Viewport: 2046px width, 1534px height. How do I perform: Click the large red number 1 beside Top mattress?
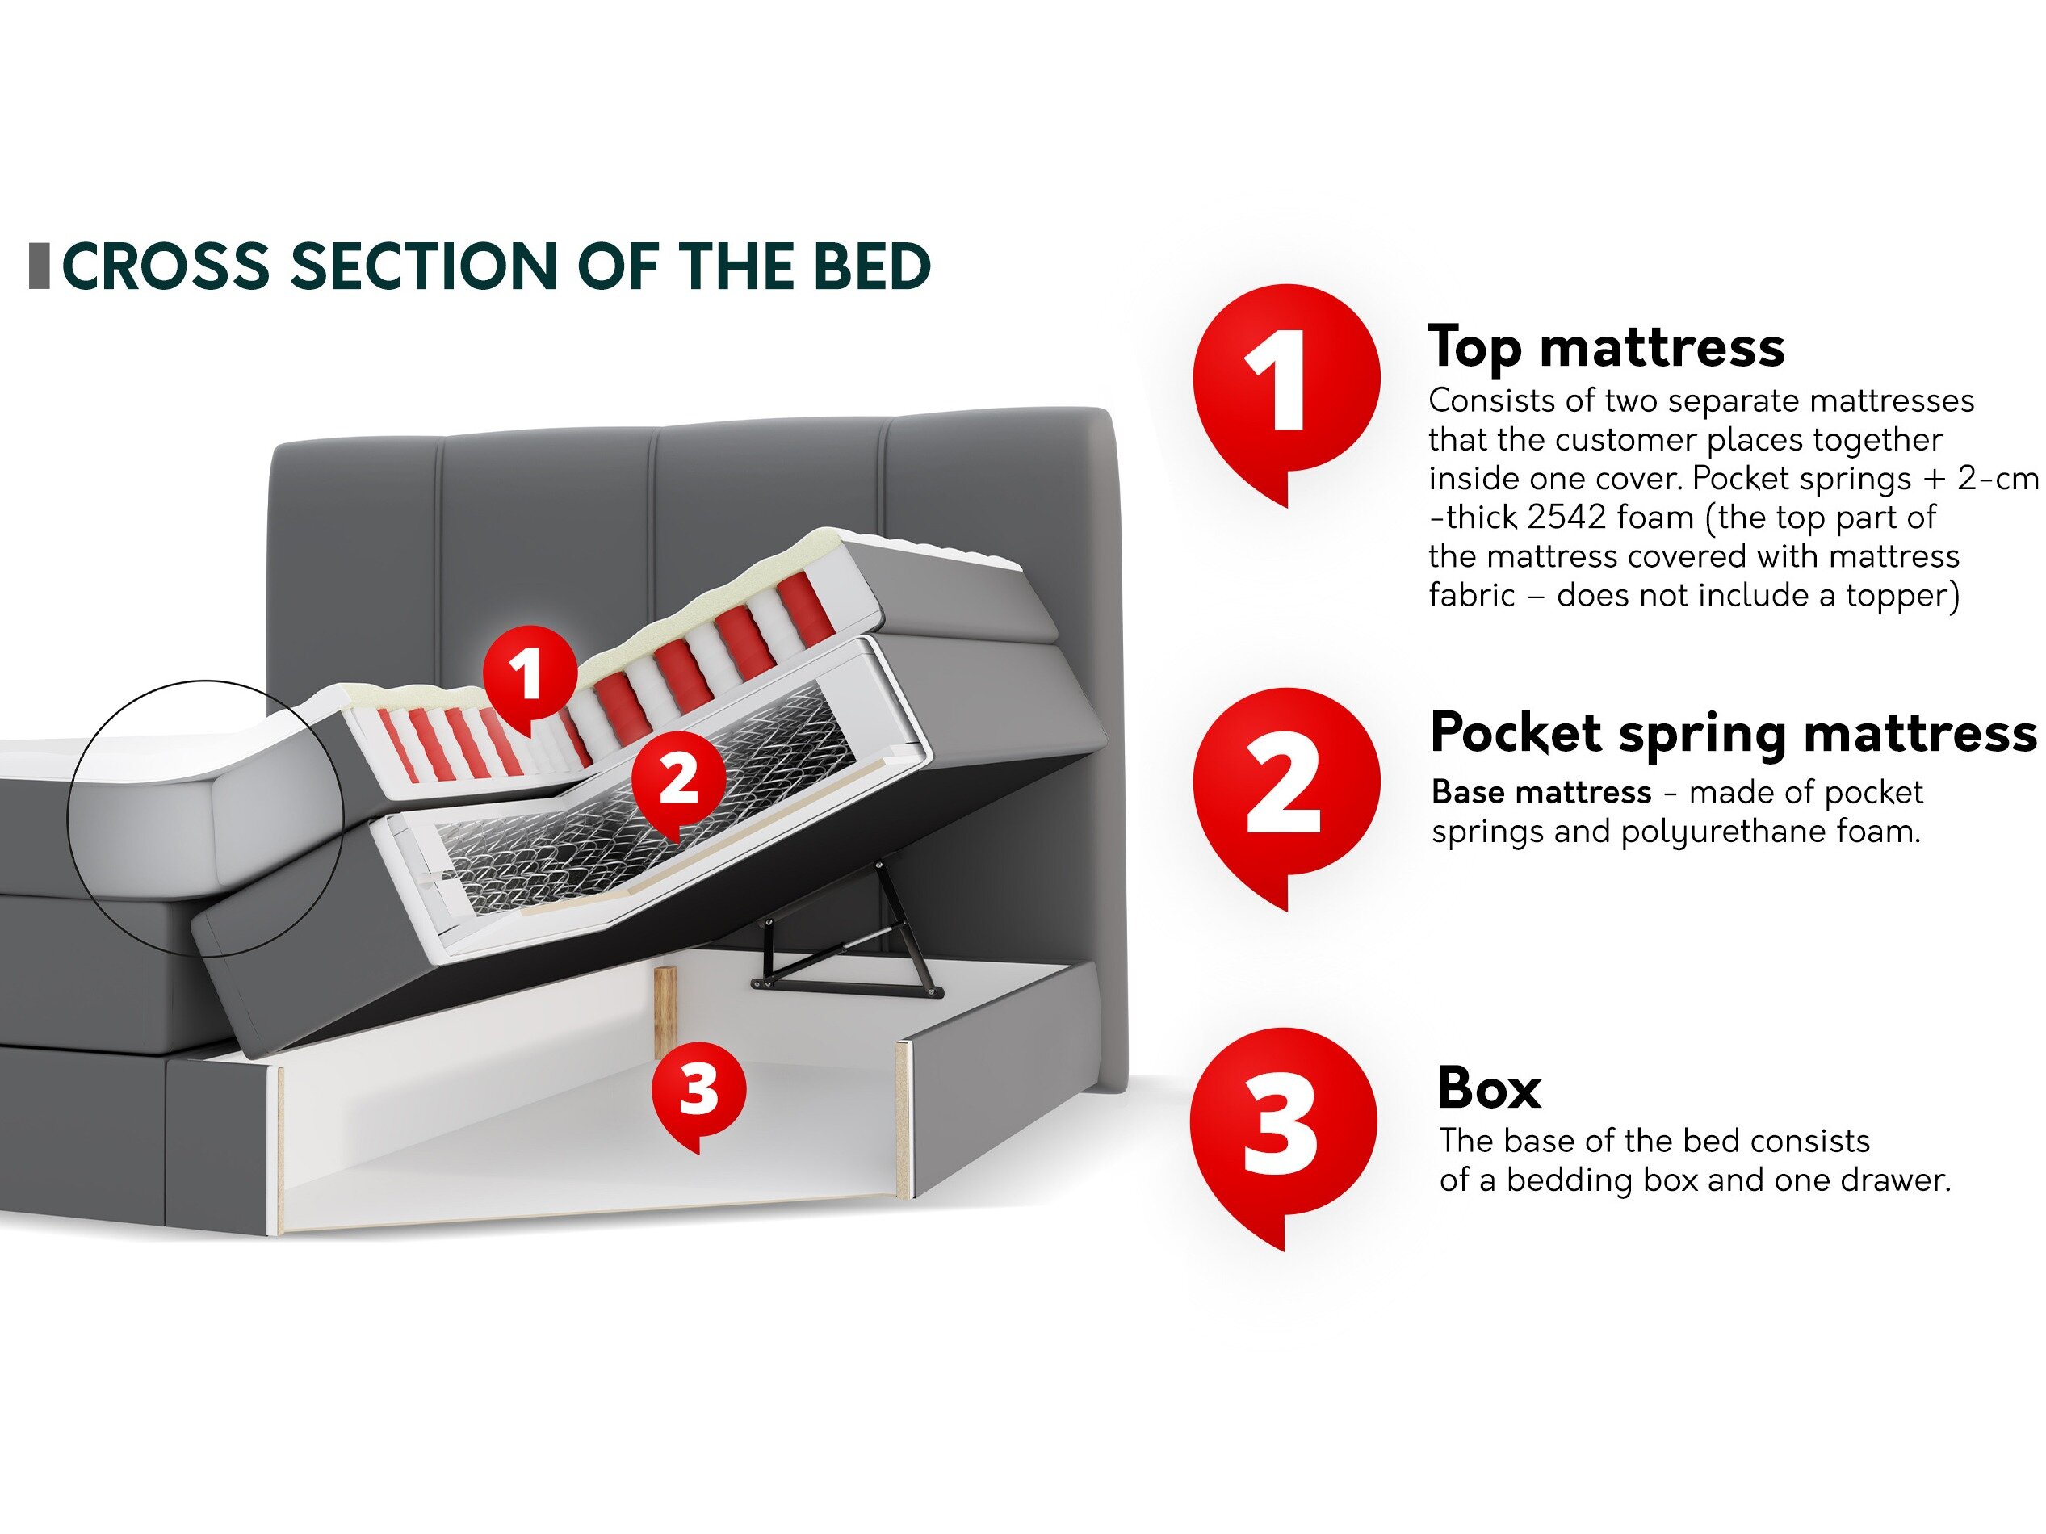(x=1285, y=381)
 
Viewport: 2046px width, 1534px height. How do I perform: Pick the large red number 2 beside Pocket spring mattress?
(x=1285, y=785)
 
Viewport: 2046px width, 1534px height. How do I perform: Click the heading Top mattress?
(x=1607, y=349)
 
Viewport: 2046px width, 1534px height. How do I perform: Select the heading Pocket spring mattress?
(x=1734, y=735)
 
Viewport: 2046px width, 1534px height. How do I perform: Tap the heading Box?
(x=1489, y=1088)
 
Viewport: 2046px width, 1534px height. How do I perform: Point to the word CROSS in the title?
(x=166, y=266)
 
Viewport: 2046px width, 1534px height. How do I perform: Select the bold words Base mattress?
(x=1541, y=792)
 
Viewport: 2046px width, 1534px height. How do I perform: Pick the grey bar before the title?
(x=40, y=266)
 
